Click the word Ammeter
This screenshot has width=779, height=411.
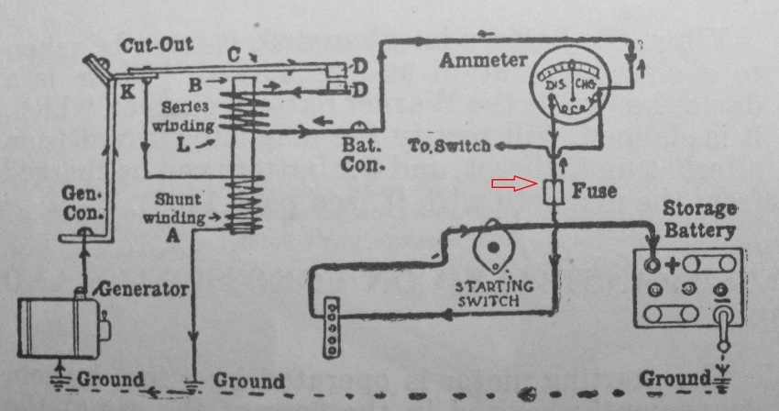pyautogui.click(x=483, y=61)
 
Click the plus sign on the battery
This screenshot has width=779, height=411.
pyautogui.click(x=673, y=267)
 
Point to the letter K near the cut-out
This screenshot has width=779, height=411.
pyautogui.click(x=125, y=91)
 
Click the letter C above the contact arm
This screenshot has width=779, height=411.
pyautogui.click(x=234, y=55)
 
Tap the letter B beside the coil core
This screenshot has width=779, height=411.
pyautogui.click(x=220, y=84)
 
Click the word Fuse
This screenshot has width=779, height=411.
pyautogui.click(x=594, y=192)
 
